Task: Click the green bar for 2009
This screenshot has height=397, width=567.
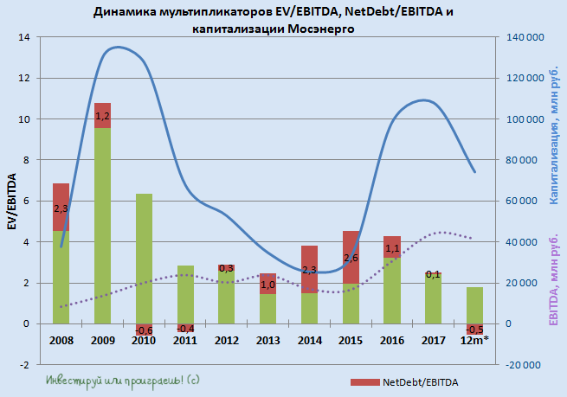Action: click(x=102, y=225)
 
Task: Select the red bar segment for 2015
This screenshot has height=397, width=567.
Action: click(x=351, y=257)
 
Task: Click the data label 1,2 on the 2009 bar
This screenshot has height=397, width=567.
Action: click(x=102, y=116)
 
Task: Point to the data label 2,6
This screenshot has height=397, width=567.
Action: click(x=351, y=258)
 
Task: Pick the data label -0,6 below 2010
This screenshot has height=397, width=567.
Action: click(x=144, y=330)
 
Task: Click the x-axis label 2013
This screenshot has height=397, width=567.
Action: click(x=268, y=341)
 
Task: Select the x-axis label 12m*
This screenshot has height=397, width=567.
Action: click(x=474, y=341)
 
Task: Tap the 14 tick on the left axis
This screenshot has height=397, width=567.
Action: click(x=23, y=37)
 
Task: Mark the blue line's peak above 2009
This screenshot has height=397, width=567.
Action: click(x=118, y=48)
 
